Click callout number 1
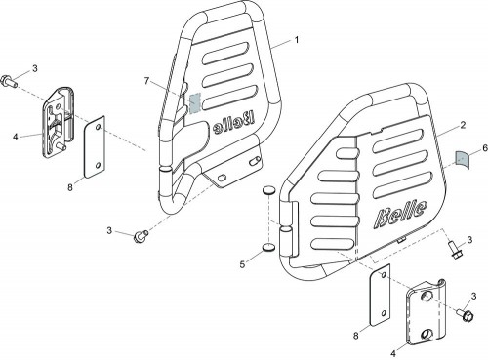297,40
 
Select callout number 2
463,125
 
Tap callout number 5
242,264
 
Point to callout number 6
485,148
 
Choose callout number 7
146,81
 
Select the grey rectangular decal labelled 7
195,103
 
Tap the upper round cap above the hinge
268,190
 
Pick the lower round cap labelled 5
268,248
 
